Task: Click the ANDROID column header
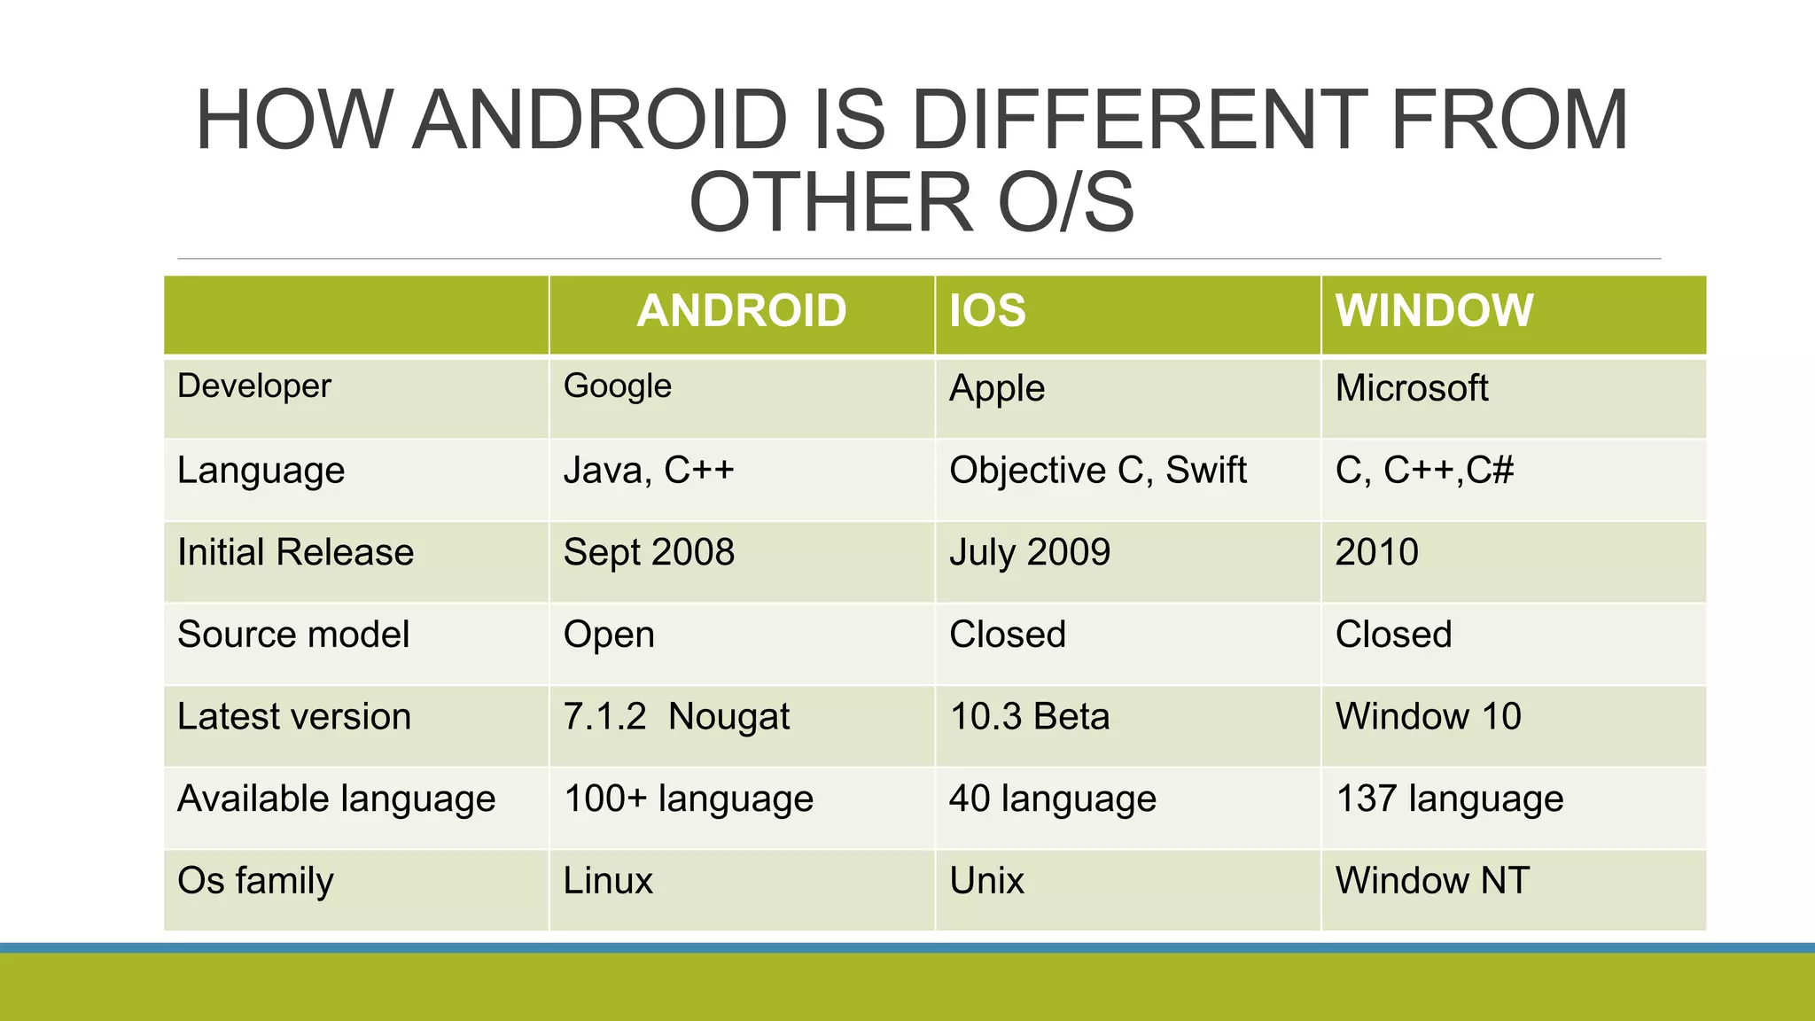pyautogui.click(x=741, y=311)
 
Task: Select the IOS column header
pyautogui.click(x=987, y=311)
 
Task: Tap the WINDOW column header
pyautogui.click(x=1434, y=311)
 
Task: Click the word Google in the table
pyautogui.click(x=618, y=386)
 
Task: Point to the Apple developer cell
pyautogui.click(x=997, y=388)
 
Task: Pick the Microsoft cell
pyautogui.click(x=1412, y=388)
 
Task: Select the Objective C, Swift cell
pyautogui.click(x=1097, y=471)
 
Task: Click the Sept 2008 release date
pyautogui.click(x=649, y=552)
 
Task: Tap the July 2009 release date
pyautogui.click(x=1030, y=552)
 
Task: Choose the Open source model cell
pyautogui.click(x=609, y=635)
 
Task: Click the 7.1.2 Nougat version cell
pyautogui.click(x=676, y=716)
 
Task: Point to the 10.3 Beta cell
pyautogui.click(x=1030, y=716)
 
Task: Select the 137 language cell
pyautogui.click(x=1449, y=799)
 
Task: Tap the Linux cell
pyautogui.click(x=608, y=881)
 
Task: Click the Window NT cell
pyautogui.click(x=1432, y=881)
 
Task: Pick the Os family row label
pyautogui.click(x=255, y=881)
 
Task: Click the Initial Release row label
pyautogui.click(x=295, y=552)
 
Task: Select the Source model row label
pyautogui.click(x=293, y=635)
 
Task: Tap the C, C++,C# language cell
pyautogui.click(x=1424, y=471)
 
